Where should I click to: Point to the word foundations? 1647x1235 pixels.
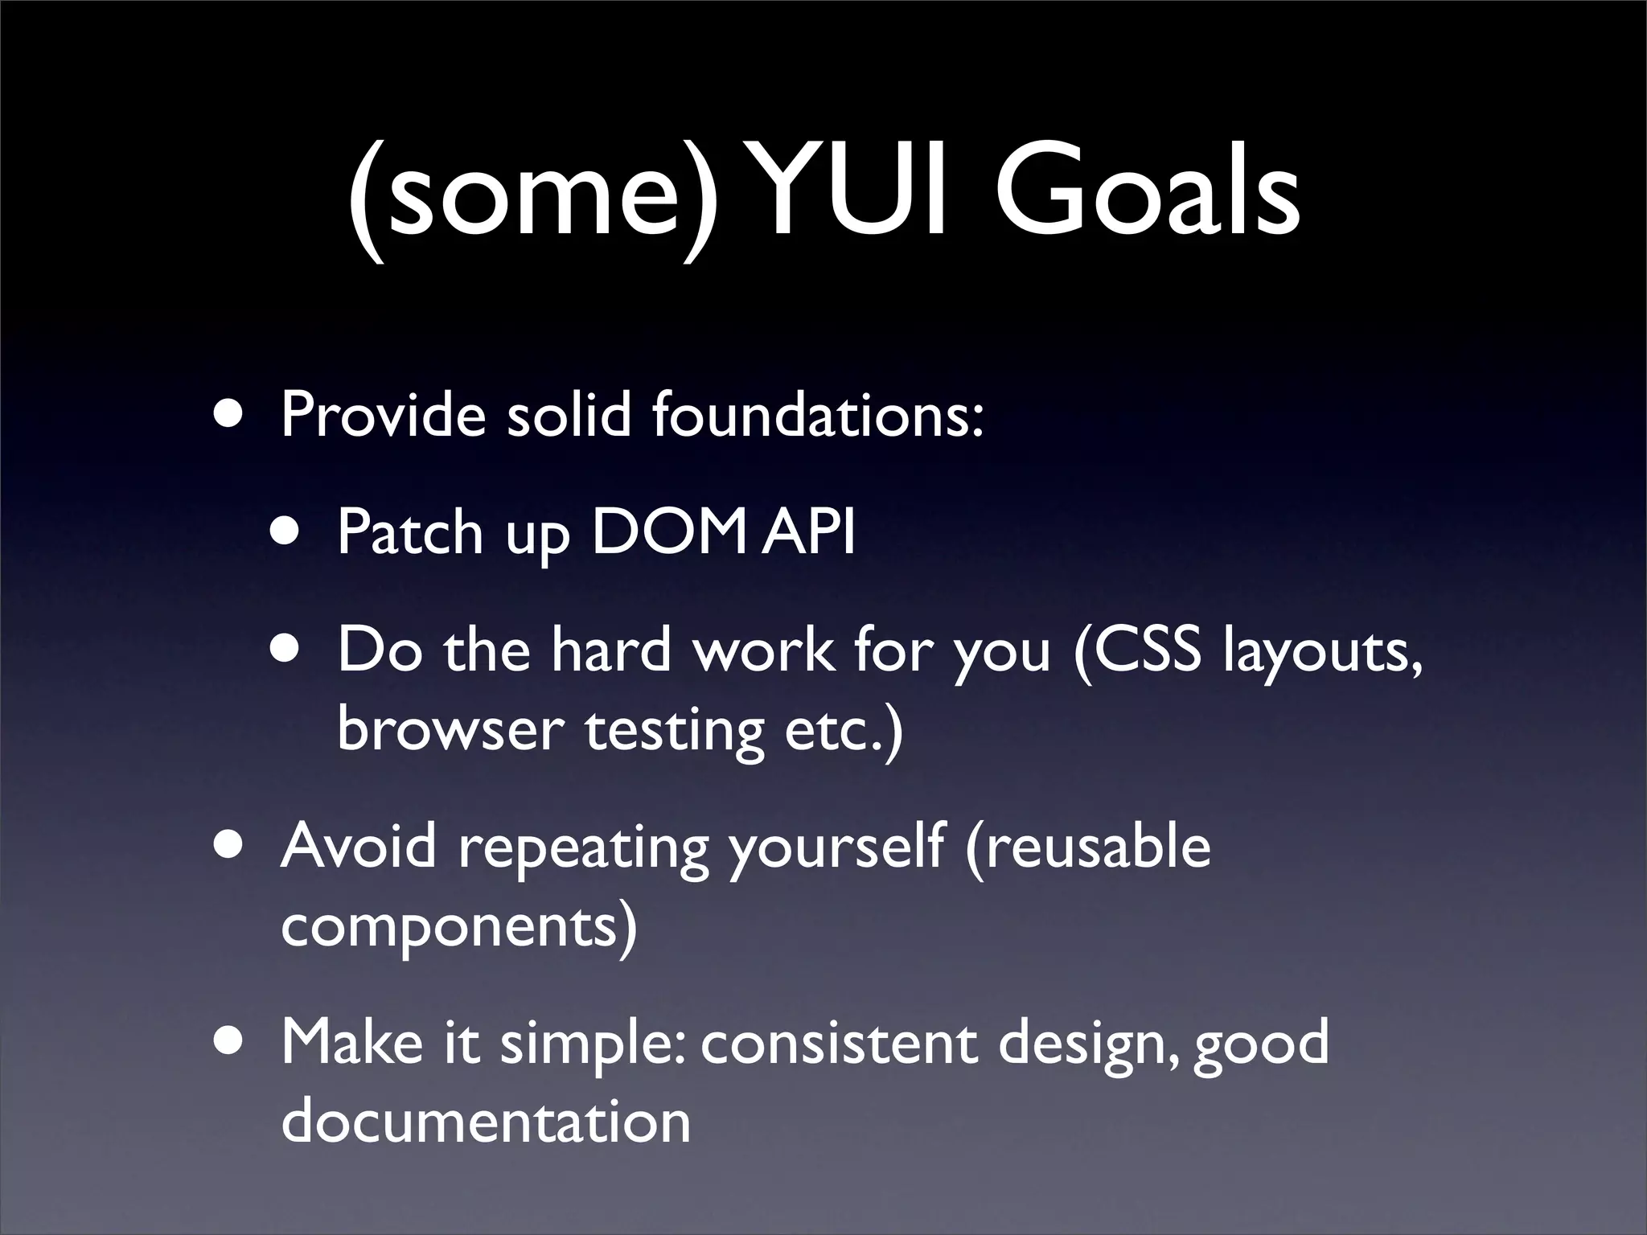(x=818, y=415)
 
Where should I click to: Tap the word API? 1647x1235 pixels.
(x=809, y=532)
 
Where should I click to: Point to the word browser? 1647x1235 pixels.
(x=450, y=730)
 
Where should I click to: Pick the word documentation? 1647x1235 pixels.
(x=486, y=1122)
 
